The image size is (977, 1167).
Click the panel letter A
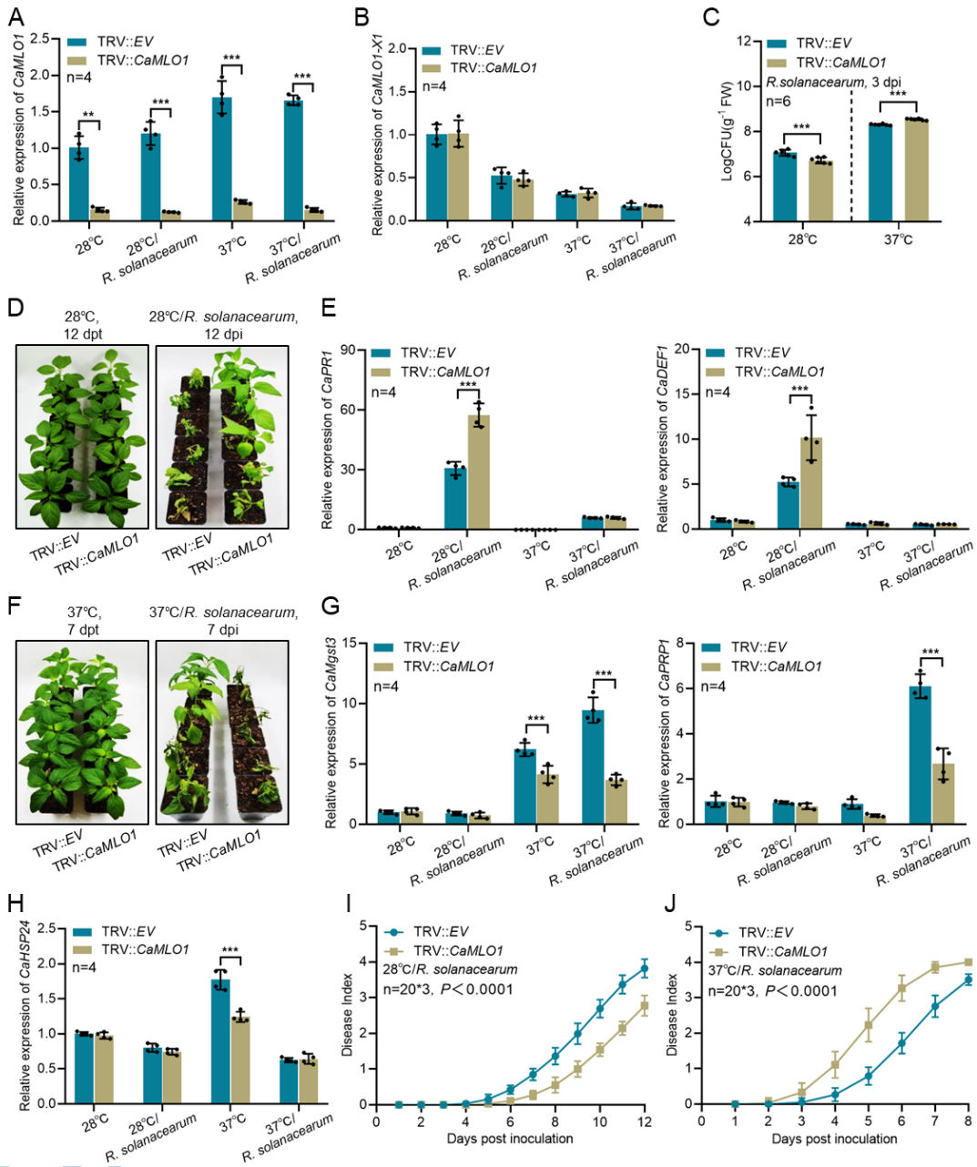(x=15, y=16)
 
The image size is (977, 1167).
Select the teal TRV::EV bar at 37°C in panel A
(x=221, y=158)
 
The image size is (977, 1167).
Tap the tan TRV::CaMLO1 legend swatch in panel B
(x=433, y=67)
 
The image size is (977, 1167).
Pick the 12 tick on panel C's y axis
(x=744, y=42)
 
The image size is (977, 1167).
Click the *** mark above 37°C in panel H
(x=230, y=951)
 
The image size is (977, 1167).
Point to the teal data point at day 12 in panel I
(x=645, y=969)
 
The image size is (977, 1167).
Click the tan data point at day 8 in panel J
(x=968, y=962)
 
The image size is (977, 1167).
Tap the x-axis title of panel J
(x=834, y=1139)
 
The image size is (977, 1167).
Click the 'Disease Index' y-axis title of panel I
(x=348, y=1016)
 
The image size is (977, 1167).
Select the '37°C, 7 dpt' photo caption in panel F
(x=82, y=621)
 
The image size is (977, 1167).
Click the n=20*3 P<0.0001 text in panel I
(x=448, y=989)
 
